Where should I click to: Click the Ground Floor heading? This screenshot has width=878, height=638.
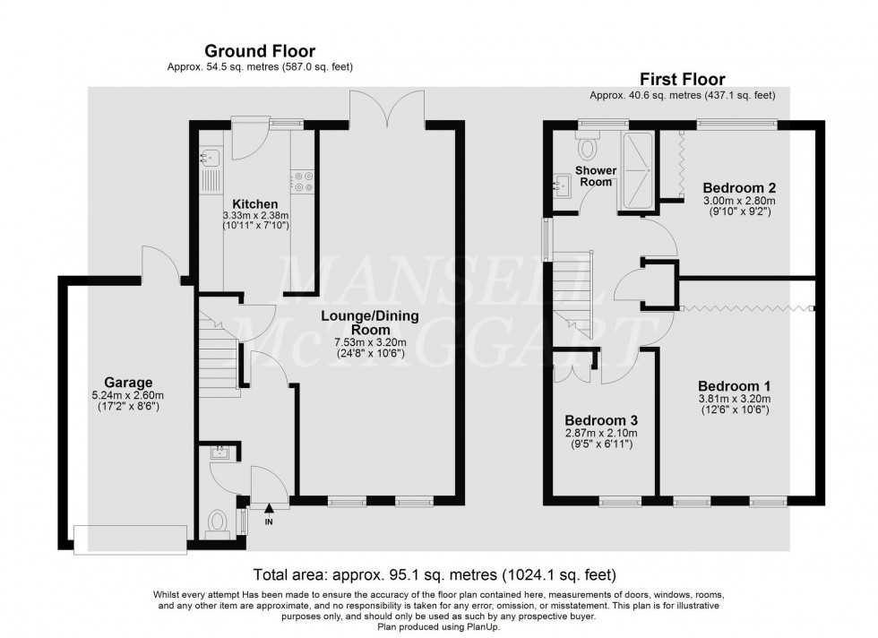pos(260,51)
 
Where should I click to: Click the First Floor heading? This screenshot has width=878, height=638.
pos(682,80)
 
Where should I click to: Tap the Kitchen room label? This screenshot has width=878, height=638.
pos(251,203)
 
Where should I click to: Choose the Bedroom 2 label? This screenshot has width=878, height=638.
pos(738,187)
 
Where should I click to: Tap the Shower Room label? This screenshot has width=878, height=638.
pos(594,176)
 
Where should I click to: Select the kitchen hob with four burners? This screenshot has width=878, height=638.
pos(302,181)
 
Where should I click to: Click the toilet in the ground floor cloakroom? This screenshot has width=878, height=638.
pos(216,522)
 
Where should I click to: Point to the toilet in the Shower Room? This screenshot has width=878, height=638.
pos(589,146)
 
